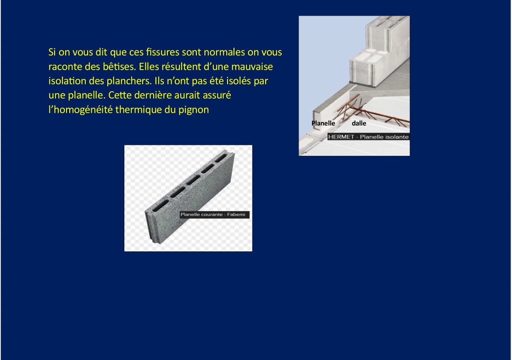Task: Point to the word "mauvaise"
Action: click(252, 66)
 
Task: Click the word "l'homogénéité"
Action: click(80, 110)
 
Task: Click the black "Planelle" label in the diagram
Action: click(323, 123)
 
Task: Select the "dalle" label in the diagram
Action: click(359, 123)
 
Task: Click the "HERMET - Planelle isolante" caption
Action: click(368, 137)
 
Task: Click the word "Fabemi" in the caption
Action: click(236, 215)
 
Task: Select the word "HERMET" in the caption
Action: click(341, 137)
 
